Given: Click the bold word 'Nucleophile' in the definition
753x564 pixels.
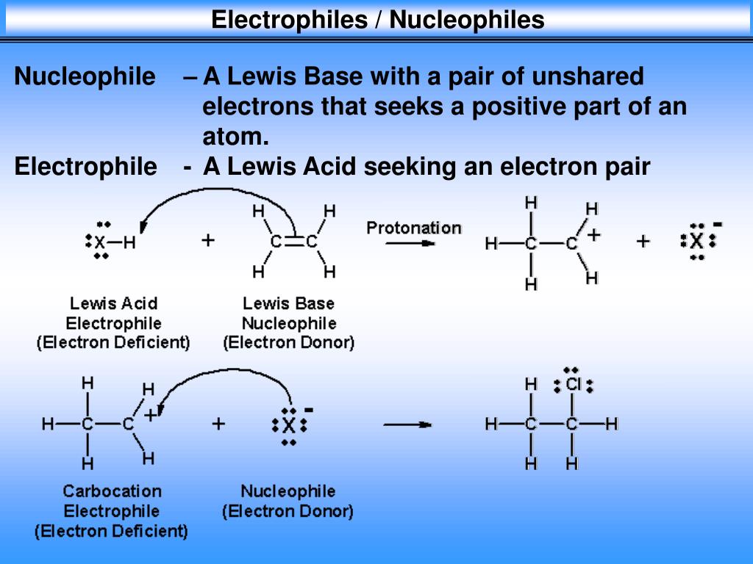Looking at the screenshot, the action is tap(85, 76).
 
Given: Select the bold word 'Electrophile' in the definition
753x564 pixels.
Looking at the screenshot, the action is tap(85, 167).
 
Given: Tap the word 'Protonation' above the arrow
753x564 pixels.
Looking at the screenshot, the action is tap(414, 228).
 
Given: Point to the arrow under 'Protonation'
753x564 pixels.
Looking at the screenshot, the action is tap(410, 245).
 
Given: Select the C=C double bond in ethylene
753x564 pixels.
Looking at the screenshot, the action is tap(293, 242).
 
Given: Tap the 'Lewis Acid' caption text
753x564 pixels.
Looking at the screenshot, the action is tap(113, 303).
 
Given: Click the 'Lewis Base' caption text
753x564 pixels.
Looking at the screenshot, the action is tap(288, 303).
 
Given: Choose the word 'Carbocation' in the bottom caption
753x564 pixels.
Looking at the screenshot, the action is tap(112, 491).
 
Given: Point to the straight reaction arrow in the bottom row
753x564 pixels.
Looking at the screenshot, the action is tap(407, 424).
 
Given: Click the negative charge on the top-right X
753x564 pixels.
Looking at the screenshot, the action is tap(718, 224).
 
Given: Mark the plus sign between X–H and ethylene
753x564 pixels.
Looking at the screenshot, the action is tap(208, 240).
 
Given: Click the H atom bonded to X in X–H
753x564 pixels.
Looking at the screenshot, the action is tap(129, 242).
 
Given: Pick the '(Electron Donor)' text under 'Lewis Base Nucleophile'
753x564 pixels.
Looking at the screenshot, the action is tap(288, 342).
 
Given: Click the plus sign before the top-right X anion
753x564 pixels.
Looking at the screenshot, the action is tap(643, 241).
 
